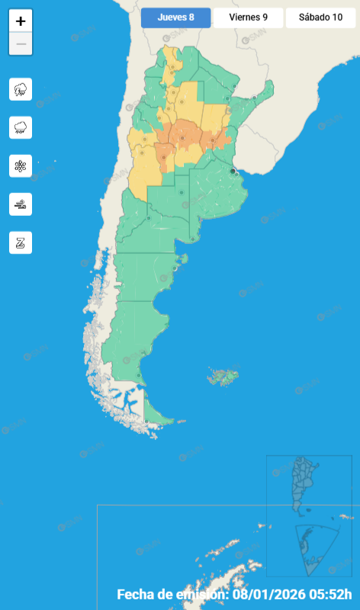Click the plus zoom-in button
pos(21,21)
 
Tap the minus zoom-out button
pos(21,44)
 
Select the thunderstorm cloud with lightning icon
pos(21,89)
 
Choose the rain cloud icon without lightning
pos(21,127)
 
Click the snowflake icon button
pos(21,165)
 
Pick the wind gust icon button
pos(21,204)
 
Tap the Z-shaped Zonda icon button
pos(21,242)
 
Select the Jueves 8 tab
pos(175,18)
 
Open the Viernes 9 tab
pos(248,18)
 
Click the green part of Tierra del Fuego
pos(153,416)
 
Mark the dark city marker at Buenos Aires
pos(233,171)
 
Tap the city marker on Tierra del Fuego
pos(146,420)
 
